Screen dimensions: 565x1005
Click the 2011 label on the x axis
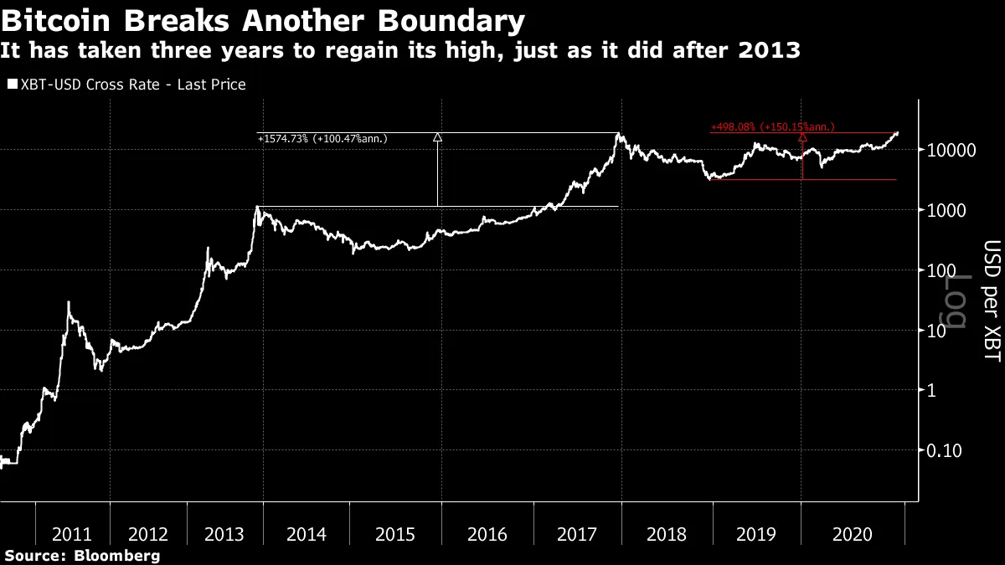(x=71, y=534)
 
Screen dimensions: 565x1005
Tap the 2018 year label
(x=667, y=534)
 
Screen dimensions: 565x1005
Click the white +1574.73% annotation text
(x=322, y=139)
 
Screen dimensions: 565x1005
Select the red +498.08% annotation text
(x=771, y=127)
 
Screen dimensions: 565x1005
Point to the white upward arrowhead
(x=437, y=137)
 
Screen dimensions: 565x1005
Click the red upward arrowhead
(x=802, y=136)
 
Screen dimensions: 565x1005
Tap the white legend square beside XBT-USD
(x=12, y=85)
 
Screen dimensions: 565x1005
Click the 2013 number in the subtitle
(x=774, y=51)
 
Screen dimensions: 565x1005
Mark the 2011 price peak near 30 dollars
(x=69, y=302)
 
